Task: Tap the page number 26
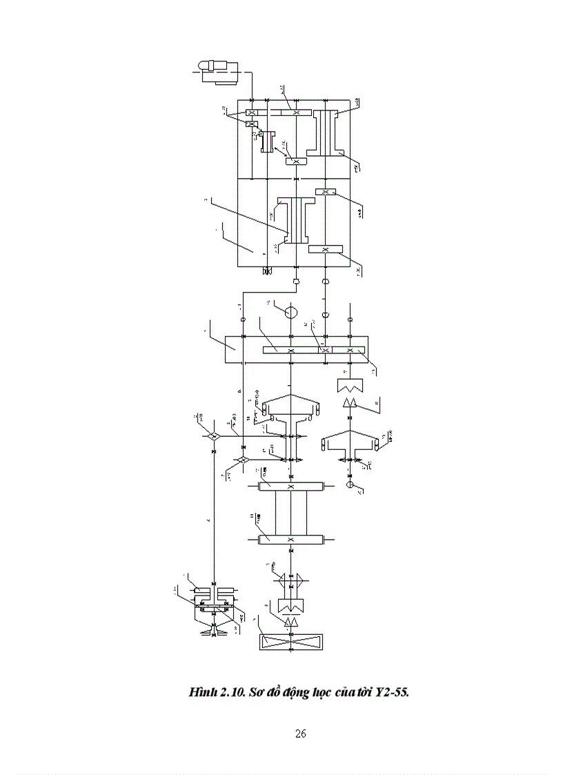[x=300, y=734]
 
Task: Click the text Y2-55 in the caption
[x=392, y=692]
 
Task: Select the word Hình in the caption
[x=202, y=692]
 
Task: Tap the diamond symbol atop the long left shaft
[x=212, y=437]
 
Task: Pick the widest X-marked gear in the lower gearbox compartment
[x=326, y=249]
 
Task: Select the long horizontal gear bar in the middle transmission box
[x=290, y=350]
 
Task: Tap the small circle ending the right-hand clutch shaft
[x=350, y=486]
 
